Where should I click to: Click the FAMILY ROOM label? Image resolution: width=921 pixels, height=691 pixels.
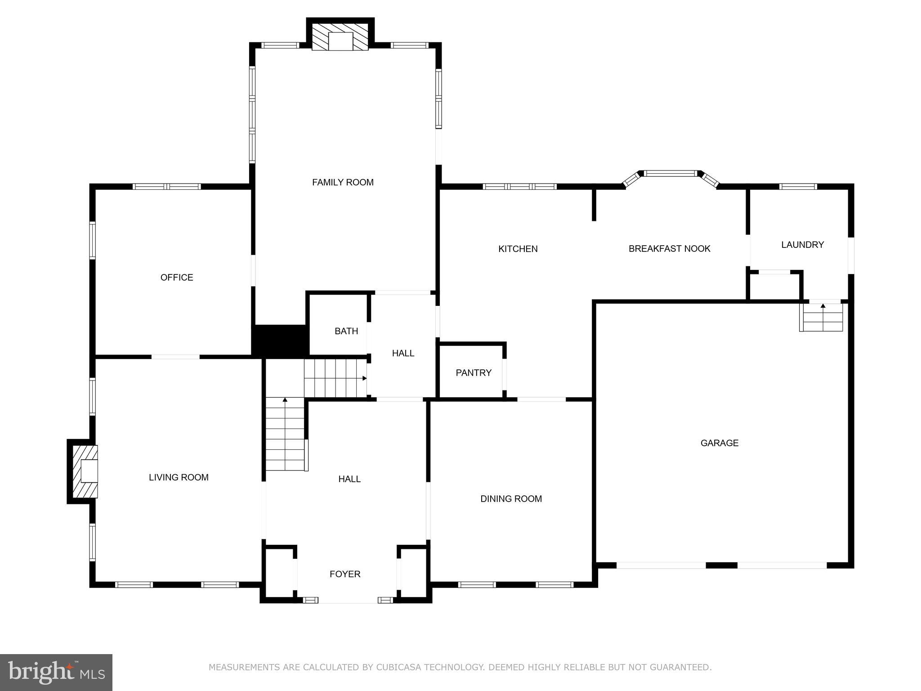pos(343,182)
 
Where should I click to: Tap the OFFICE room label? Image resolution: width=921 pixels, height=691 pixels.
pos(177,278)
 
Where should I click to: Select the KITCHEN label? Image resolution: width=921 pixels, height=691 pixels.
pos(518,249)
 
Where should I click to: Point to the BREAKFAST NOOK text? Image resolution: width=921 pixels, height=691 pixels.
pos(669,249)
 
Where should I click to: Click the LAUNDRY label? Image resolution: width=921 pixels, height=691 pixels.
pos(802,245)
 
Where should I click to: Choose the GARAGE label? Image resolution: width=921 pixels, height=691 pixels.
pos(719,443)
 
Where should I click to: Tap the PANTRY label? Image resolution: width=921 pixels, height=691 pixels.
pos(473,372)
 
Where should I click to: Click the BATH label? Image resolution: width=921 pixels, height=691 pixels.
pos(346,331)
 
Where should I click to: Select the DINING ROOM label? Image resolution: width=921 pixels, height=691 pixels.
pos(511,498)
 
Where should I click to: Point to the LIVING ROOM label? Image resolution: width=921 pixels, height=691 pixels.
pos(179,477)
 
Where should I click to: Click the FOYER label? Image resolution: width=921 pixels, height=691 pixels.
pos(345,574)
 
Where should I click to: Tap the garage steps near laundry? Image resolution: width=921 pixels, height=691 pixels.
pos(821,318)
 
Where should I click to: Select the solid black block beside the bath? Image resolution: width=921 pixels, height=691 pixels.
pos(280,341)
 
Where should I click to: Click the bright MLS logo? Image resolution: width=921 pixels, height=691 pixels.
pos(56,672)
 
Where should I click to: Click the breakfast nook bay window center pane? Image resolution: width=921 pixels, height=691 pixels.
pos(671,173)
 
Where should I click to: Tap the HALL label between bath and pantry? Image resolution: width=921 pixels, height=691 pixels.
pos(403,353)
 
